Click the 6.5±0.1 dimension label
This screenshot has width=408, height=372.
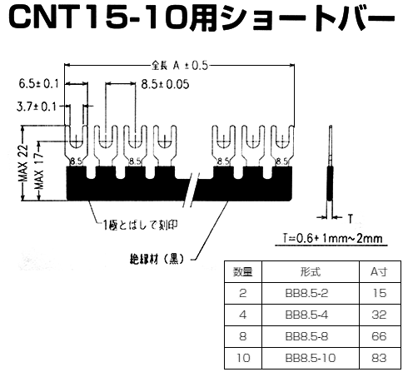coord(38,83)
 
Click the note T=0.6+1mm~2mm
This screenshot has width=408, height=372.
coord(329,241)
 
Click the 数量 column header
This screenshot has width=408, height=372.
coord(242,271)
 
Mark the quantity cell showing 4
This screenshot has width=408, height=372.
coord(242,315)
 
